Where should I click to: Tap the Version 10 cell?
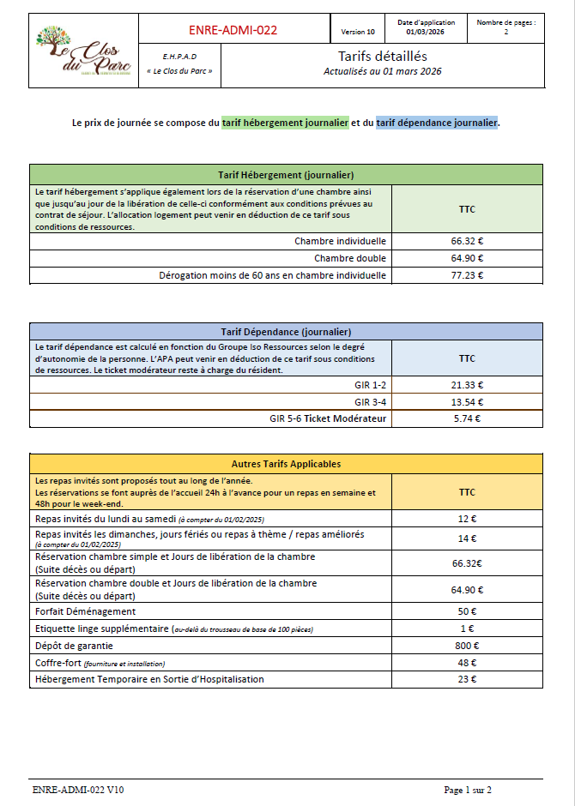(358, 32)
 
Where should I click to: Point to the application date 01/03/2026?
(426, 32)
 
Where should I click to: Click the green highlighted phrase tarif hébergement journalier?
(285, 123)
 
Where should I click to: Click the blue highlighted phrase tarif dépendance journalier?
(436, 123)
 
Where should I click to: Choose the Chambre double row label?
(350, 258)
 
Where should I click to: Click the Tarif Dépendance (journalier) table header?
(286, 331)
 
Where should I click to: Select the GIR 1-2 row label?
(370, 385)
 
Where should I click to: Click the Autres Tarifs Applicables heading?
(286, 464)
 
